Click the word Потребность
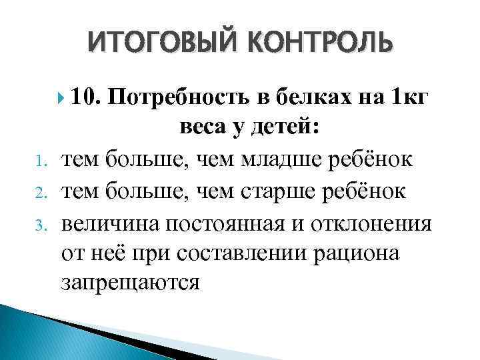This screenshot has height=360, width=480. [x=179, y=99]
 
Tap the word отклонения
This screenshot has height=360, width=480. [x=370, y=222]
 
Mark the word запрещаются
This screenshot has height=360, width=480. [x=130, y=283]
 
